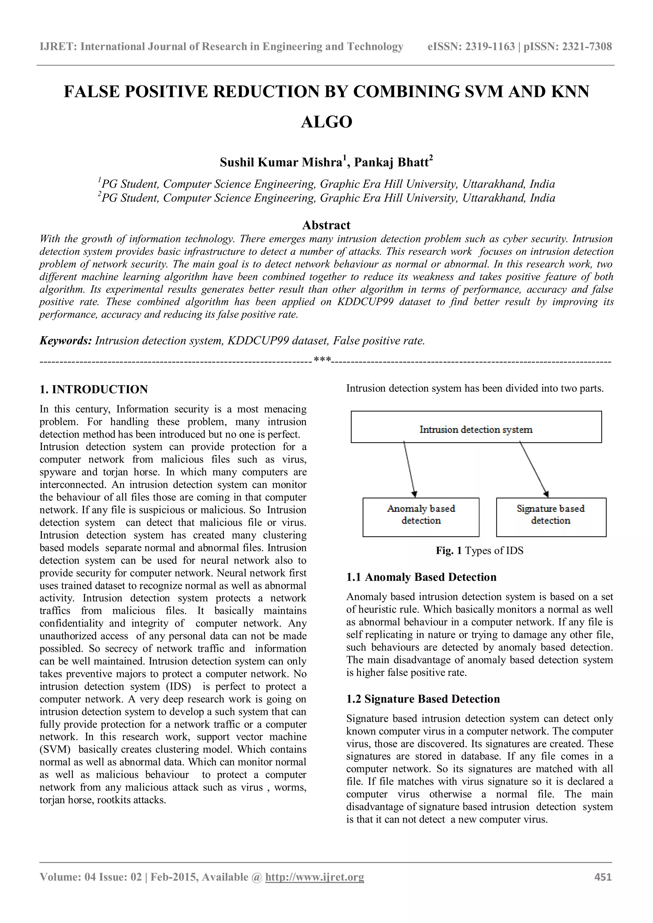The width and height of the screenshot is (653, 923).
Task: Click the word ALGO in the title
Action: coord(326,122)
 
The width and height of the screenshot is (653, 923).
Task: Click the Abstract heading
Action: coord(326,225)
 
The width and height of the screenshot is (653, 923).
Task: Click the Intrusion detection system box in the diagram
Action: coord(476,427)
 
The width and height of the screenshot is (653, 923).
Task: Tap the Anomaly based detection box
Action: coord(421,517)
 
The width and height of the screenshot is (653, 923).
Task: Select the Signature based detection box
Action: coord(551,517)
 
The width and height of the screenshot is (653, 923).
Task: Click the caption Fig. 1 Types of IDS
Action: coord(479,550)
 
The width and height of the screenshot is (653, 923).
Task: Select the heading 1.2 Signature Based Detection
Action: coord(423,699)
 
